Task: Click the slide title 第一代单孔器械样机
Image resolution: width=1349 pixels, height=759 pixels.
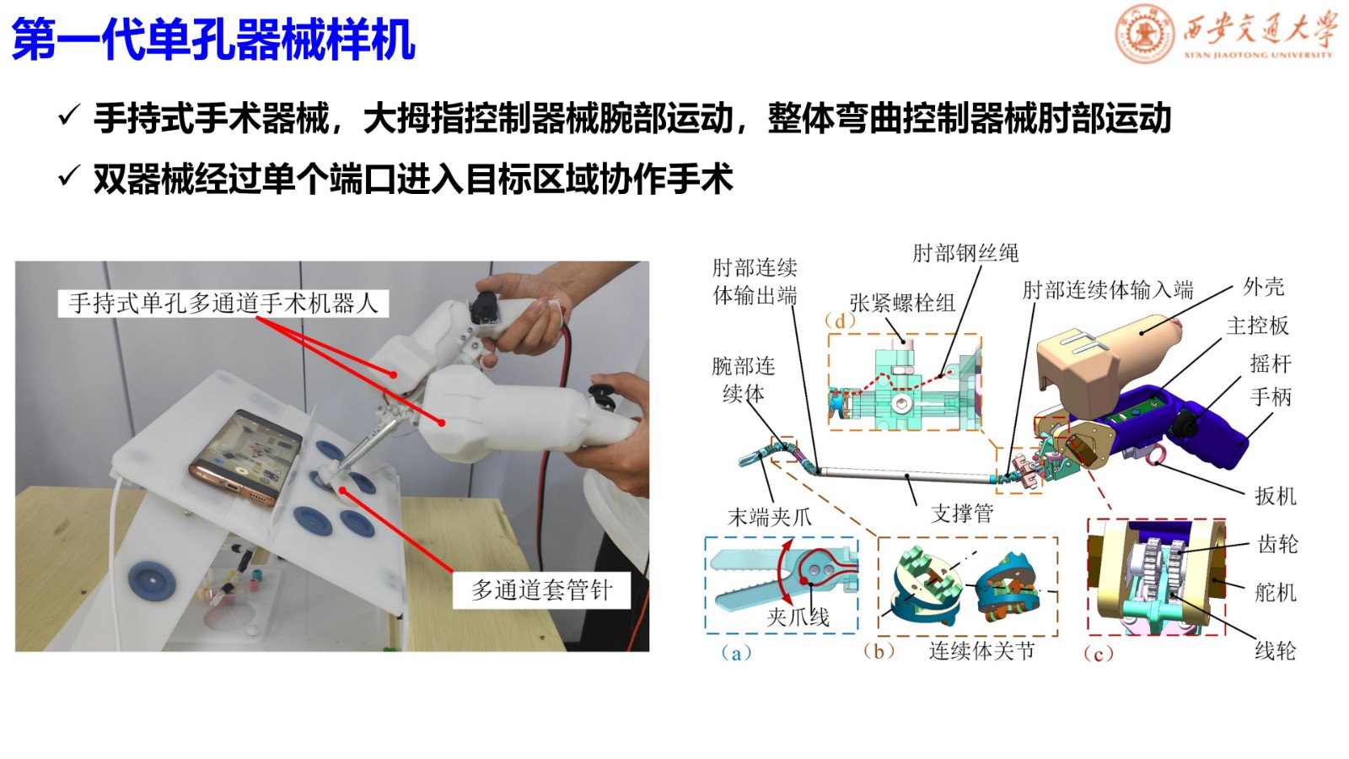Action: tap(213, 39)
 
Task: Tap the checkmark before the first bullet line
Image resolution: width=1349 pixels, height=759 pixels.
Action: tap(69, 115)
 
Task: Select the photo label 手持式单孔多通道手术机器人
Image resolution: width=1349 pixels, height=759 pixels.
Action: tap(223, 304)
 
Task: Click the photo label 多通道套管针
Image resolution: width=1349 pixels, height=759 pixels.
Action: tap(541, 590)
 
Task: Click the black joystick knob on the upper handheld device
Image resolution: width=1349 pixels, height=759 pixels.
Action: tap(484, 307)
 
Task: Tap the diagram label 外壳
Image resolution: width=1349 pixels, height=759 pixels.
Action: tap(1264, 287)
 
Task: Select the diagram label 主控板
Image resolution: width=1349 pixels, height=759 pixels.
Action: tap(1257, 326)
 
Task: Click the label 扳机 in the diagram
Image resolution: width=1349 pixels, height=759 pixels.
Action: tap(1275, 497)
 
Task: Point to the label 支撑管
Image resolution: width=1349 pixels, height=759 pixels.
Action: tap(962, 514)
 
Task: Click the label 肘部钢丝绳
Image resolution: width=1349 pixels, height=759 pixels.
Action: tap(965, 253)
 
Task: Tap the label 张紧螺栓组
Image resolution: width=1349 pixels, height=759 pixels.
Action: tap(902, 303)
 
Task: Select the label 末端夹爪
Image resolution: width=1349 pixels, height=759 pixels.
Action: tap(770, 517)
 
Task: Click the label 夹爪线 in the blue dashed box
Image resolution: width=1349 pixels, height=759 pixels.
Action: tap(798, 616)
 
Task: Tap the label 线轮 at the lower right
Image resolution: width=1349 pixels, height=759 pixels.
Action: tap(1275, 650)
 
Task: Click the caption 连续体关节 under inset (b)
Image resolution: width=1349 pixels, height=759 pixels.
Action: tap(981, 650)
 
